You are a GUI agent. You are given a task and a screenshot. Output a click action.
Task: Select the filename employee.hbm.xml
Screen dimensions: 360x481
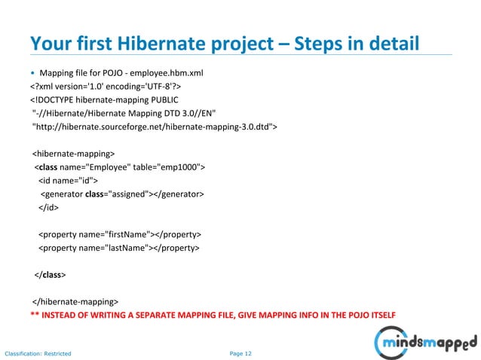click(173, 73)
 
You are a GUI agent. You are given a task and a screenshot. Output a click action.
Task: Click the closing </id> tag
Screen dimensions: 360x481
click(49, 208)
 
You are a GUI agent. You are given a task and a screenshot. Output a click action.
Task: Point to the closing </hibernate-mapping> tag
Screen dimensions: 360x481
click(75, 302)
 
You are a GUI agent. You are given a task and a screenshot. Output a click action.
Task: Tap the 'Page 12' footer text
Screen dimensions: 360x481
click(240, 352)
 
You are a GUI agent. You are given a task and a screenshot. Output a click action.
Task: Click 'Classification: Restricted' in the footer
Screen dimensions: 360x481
click(38, 352)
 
